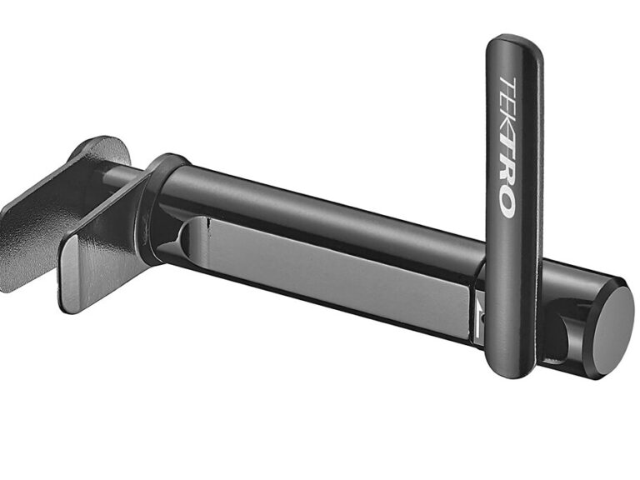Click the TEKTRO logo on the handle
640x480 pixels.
(507, 147)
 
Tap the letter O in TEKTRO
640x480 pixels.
(507, 205)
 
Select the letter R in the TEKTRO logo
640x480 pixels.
(507, 177)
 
